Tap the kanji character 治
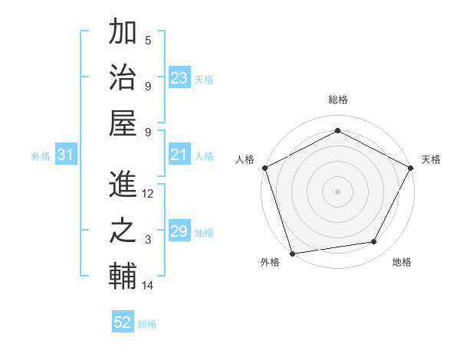pos(123,77)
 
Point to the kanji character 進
pos(123,185)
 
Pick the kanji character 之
pos(123,232)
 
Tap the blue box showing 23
pos(179,78)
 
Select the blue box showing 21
pos(179,155)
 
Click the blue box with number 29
pos(179,232)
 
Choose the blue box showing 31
pos(66,155)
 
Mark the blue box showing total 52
pos(123,322)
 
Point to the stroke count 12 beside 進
pos(148,194)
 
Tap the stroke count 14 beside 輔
pos(148,286)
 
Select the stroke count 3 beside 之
pos(148,240)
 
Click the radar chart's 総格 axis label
pos(337,100)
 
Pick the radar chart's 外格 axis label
pos(270,262)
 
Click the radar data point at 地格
pos(374,242)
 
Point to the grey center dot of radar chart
pos(337,191)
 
